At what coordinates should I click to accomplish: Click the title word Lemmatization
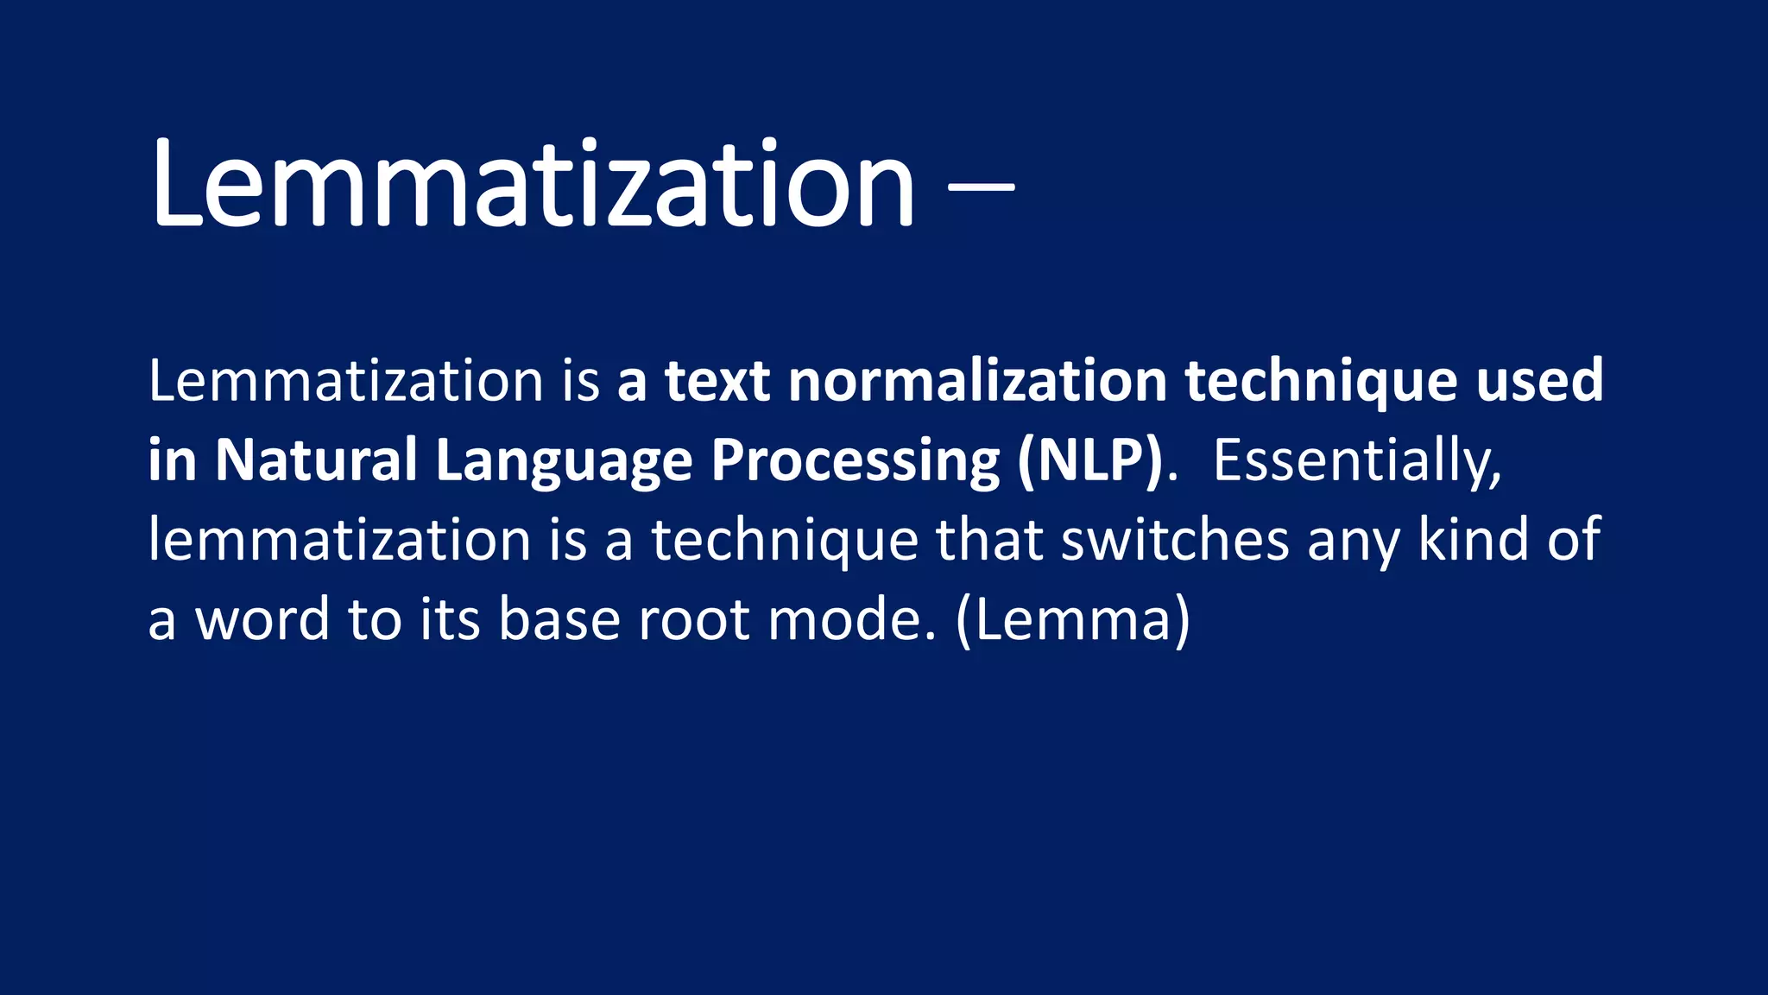[532, 186]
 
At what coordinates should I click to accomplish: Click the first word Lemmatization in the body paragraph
[345, 381]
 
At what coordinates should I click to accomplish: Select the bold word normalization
[977, 381]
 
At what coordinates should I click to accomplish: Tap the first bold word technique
[1321, 381]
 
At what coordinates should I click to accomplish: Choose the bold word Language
[564, 460]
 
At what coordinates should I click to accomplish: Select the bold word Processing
[855, 460]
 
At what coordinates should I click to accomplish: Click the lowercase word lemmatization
[338, 541]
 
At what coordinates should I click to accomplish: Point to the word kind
[1473, 541]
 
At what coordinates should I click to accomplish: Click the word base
[559, 620]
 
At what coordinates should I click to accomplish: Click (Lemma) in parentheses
[1073, 620]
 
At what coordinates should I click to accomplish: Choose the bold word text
[717, 381]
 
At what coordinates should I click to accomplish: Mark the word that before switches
[989, 541]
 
